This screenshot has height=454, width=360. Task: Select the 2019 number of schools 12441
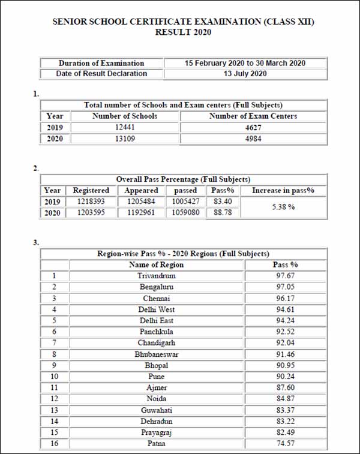point(124,127)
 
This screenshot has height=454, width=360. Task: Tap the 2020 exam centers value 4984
point(253,139)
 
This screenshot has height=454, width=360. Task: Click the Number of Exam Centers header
point(253,116)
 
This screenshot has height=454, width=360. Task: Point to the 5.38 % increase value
point(283,206)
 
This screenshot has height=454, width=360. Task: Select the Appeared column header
point(141,190)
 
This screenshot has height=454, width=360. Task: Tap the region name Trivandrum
point(156,275)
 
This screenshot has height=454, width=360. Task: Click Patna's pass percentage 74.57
point(285,443)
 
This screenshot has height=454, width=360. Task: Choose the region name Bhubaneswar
point(156,354)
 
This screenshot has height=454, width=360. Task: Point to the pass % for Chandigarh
point(285,342)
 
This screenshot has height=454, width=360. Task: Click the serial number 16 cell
point(55,443)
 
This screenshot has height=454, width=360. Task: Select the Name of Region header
point(156,264)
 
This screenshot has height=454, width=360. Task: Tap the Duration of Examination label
point(101,63)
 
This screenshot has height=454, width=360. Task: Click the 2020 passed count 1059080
point(185,212)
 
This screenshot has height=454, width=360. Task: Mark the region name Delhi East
point(156,320)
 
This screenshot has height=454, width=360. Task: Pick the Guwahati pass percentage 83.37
point(285,410)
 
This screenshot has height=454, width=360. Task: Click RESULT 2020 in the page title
point(183,32)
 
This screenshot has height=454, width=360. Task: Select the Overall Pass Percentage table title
point(183,179)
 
